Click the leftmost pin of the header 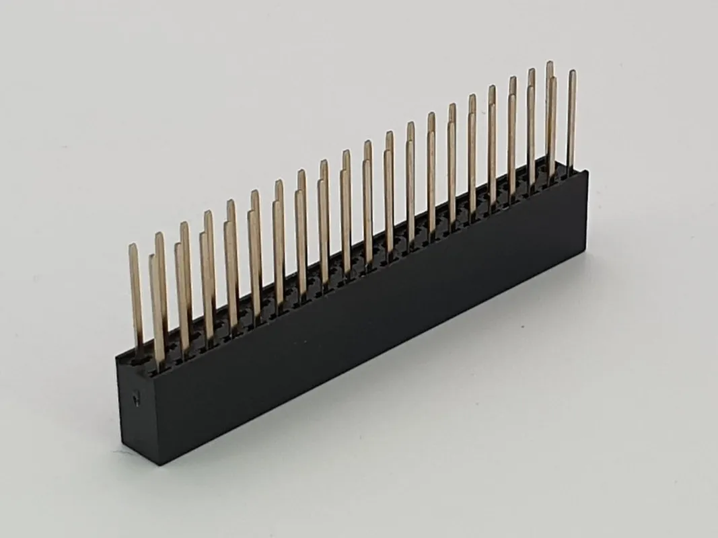[135, 296]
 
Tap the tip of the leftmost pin [133, 246]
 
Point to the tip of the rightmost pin [572, 72]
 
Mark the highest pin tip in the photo [549, 63]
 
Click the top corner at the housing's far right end [587, 171]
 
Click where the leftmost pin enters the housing [137, 353]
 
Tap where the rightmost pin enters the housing [571, 169]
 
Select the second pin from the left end [156, 309]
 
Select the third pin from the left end [161, 282]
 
